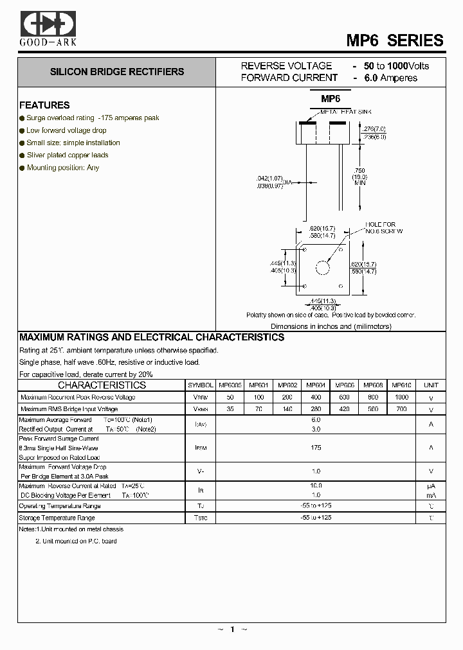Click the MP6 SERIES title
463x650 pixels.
click(x=395, y=40)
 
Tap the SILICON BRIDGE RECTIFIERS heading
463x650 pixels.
click(x=117, y=72)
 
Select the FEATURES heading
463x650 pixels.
click(x=44, y=105)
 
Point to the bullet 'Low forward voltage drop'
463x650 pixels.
click(x=66, y=130)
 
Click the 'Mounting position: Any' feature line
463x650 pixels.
click(x=63, y=168)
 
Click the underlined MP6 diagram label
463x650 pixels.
click(x=331, y=99)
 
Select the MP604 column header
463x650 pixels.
click(x=316, y=385)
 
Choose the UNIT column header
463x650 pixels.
click(x=431, y=385)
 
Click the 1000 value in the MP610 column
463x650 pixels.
click(x=402, y=397)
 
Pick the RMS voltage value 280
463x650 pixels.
click(x=316, y=408)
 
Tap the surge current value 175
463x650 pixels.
click(x=316, y=448)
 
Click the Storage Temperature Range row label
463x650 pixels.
click(x=57, y=518)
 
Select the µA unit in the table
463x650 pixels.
click(x=431, y=486)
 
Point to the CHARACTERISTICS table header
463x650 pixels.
click(x=102, y=385)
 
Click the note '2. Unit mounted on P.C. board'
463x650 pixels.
click(x=76, y=541)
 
